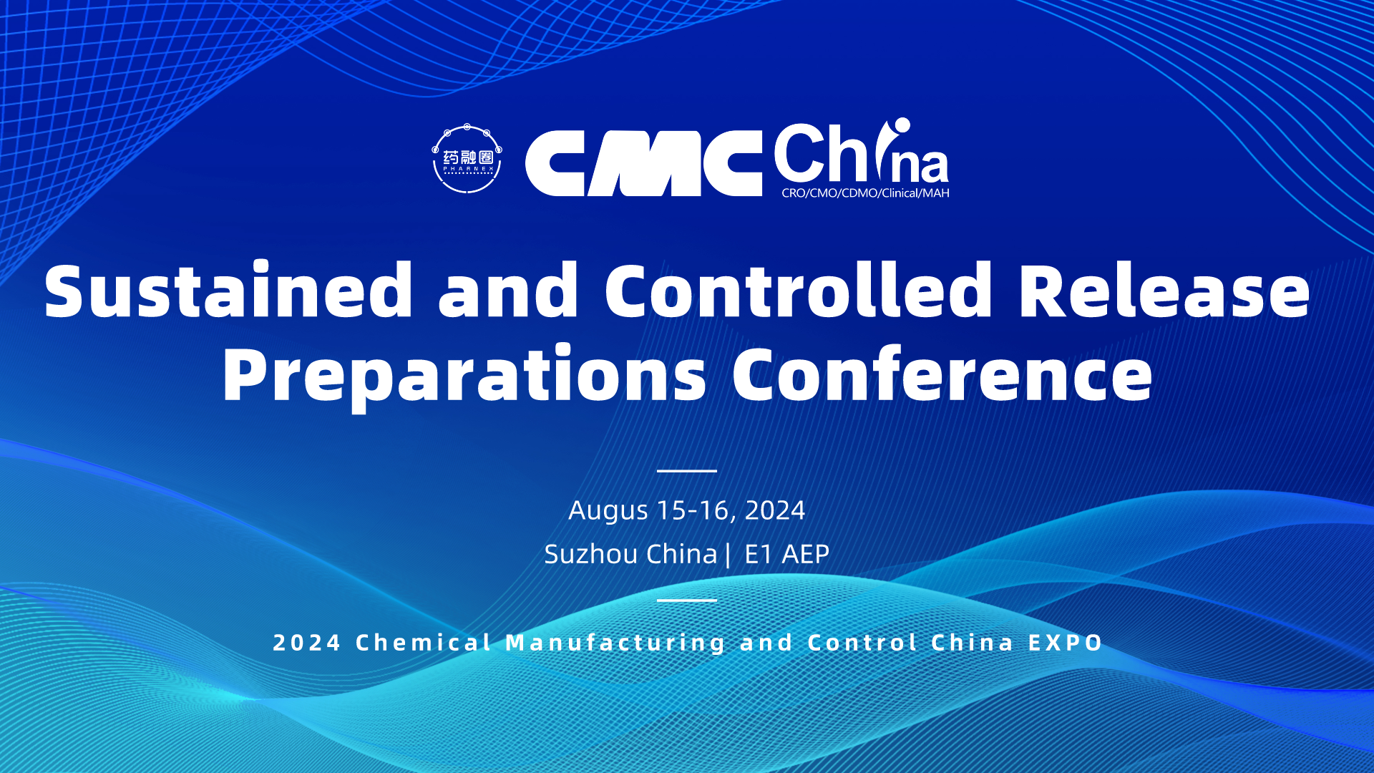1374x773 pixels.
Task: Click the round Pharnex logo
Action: (x=467, y=159)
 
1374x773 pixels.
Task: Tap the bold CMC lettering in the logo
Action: (x=643, y=163)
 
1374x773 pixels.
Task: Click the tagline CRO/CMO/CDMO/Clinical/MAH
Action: (x=865, y=193)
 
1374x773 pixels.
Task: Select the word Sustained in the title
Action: (x=228, y=290)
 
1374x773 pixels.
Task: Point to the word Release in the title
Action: (x=1164, y=290)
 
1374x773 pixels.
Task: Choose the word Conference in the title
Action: (x=942, y=372)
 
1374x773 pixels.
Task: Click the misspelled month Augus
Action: (x=608, y=511)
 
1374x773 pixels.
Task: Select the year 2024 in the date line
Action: (x=775, y=510)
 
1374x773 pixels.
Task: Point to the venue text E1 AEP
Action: (x=786, y=554)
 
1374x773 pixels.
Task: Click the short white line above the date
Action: (x=687, y=471)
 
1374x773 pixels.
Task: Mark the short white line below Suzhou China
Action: (x=687, y=600)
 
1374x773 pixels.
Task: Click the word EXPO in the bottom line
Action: (x=1066, y=643)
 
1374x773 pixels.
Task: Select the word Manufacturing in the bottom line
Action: (x=616, y=643)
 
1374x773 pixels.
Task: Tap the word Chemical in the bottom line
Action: (x=424, y=643)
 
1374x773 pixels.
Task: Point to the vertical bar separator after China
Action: (x=729, y=555)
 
